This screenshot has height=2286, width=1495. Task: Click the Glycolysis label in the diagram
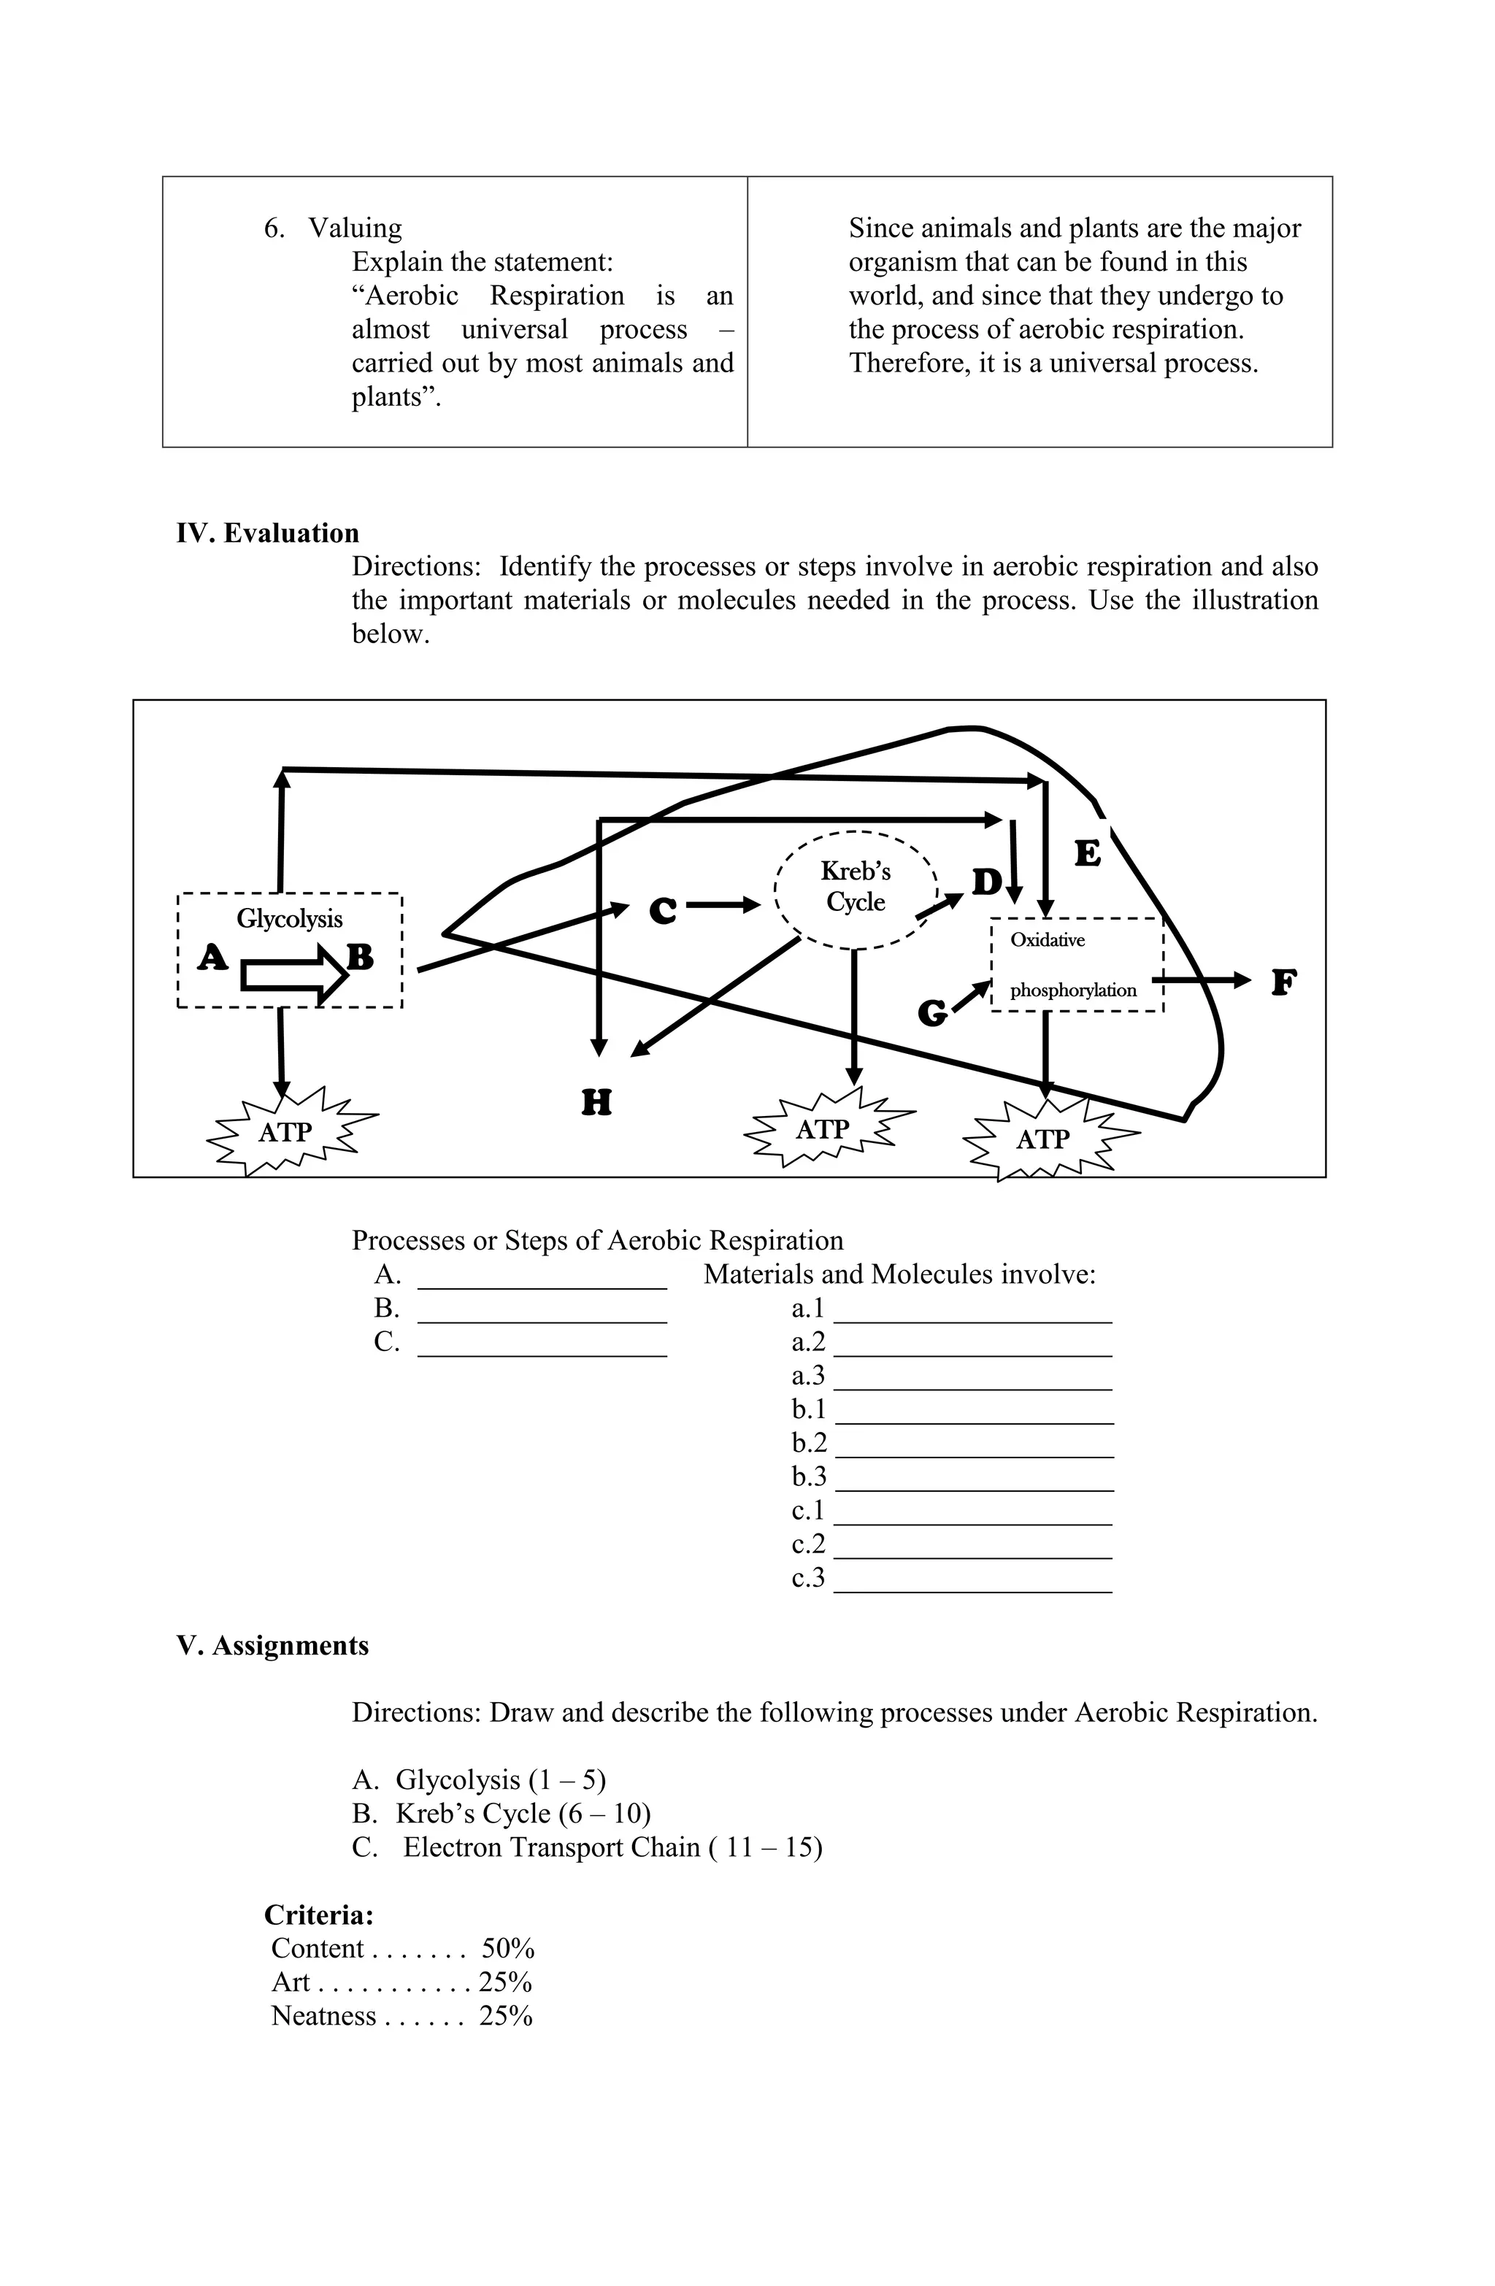pos(289,919)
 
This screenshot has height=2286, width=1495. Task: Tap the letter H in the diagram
pos(596,1101)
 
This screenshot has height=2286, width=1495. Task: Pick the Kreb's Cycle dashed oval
pos(855,888)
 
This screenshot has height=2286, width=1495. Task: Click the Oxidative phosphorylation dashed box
pos(1076,964)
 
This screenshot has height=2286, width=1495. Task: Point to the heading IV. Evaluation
pos(268,533)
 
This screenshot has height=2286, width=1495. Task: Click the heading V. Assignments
pos(273,1645)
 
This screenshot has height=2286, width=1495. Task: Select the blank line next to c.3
pos(973,1586)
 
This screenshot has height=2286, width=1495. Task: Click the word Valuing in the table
pos(355,228)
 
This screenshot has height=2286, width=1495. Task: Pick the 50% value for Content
pos(507,1948)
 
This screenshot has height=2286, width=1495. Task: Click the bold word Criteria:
pos(319,1914)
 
